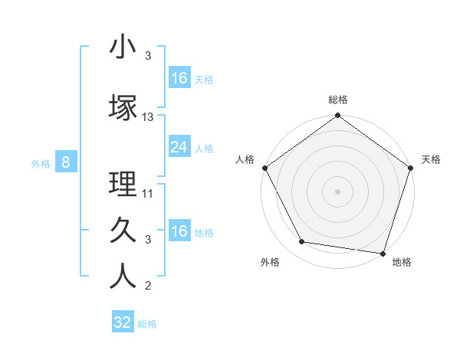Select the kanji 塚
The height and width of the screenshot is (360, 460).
(123, 108)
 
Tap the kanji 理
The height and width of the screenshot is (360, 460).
(123, 185)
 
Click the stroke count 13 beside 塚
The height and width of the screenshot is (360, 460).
(148, 117)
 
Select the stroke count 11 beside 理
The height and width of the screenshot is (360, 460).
(148, 194)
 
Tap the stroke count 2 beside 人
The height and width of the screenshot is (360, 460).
(148, 286)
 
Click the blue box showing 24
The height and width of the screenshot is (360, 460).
(179, 148)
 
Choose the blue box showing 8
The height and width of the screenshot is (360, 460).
(67, 162)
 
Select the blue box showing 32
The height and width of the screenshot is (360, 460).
(123, 322)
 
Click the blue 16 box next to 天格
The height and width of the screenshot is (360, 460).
(179, 78)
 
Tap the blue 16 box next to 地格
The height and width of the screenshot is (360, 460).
(179, 231)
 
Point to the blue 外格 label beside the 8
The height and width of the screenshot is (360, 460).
(40, 163)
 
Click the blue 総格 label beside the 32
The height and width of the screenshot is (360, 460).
(147, 324)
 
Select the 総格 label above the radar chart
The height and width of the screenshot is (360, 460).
(337, 100)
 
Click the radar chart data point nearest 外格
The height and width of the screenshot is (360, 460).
(302, 242)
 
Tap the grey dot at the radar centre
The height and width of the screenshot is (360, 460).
(337, 191)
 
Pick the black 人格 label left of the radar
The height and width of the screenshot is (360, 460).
(245, 159)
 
